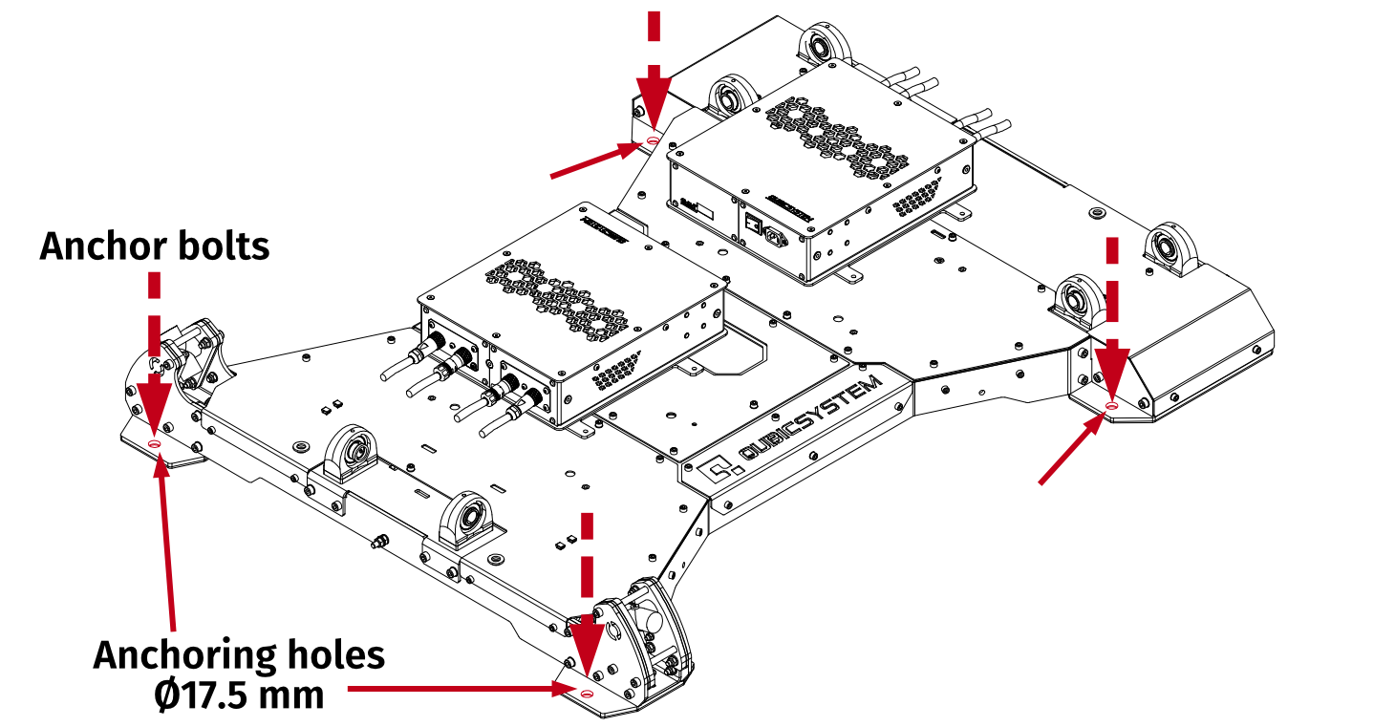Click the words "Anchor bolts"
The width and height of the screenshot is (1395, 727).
(154, 246)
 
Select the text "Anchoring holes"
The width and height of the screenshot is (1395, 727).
(239, 655)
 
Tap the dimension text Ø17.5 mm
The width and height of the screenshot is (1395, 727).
(239, 695)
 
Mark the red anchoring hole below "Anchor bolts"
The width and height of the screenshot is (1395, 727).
(155, 443)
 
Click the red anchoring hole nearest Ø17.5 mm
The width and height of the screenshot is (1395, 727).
(587, 693)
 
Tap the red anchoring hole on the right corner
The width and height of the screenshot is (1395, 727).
(1110, 407)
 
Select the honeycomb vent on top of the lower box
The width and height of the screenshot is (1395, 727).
(559, 297)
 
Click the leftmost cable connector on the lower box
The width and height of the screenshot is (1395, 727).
(429, 344)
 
